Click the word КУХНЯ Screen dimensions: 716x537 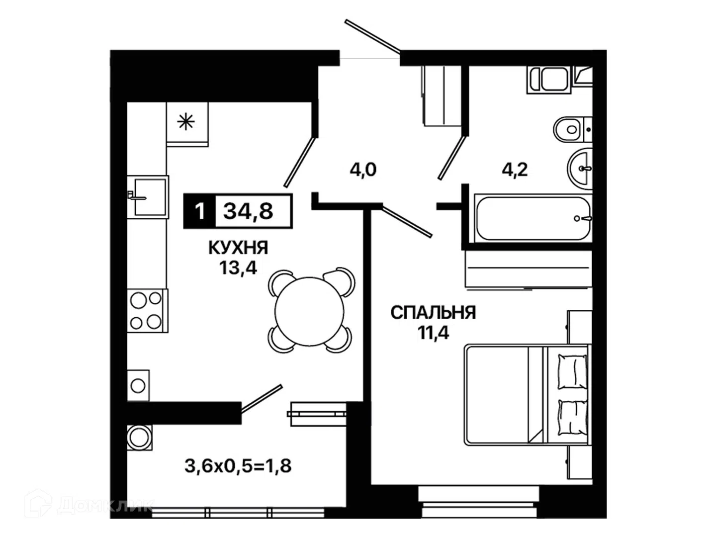(238, 248)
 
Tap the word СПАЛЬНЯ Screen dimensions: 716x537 (433, 313)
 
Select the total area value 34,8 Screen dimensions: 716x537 (248, 211)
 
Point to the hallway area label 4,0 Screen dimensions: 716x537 (363, 170)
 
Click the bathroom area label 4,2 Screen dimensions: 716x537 (515, 170)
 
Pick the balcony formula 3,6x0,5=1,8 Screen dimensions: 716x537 (238, 466)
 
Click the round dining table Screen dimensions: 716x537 (309, 311)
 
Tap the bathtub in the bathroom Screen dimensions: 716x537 (533, 219)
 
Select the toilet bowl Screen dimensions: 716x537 (572, 129)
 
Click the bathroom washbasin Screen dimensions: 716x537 (580, 169)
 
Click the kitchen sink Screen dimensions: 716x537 (148, 197)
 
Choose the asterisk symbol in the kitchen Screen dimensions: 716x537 (186, 122)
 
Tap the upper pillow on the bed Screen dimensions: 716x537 (572, 371)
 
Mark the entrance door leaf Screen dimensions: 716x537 (373, 36)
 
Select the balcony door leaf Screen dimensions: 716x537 (262, 399)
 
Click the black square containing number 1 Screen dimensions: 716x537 (199, 211)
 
